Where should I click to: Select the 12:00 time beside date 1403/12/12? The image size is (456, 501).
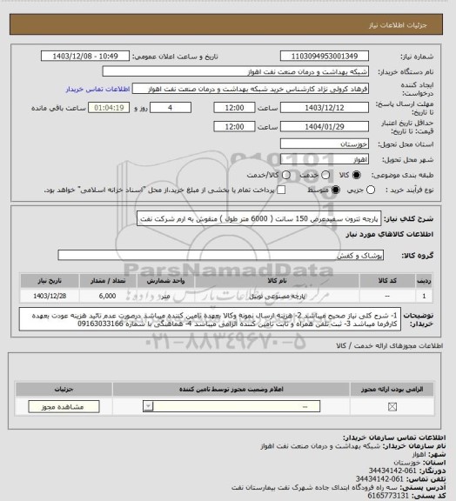pyautogui.click(x=234, y=107)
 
